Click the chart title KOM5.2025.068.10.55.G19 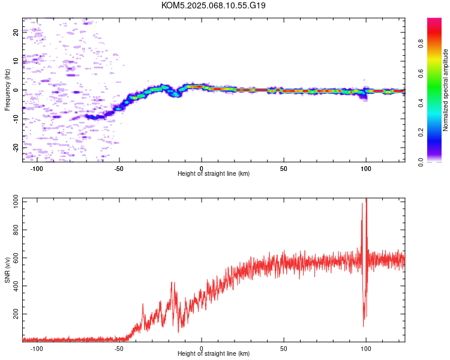(x=214, y=5)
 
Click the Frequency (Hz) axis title (x=7, y=90)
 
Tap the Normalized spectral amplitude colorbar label (x=446, y=90)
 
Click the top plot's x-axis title (x=214, y=173)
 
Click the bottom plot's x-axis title (x=214, y=354)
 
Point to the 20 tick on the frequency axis (x=16, y=33)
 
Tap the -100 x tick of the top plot (x=37, y=167)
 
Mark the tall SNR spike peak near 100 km (x=366, y=200)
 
